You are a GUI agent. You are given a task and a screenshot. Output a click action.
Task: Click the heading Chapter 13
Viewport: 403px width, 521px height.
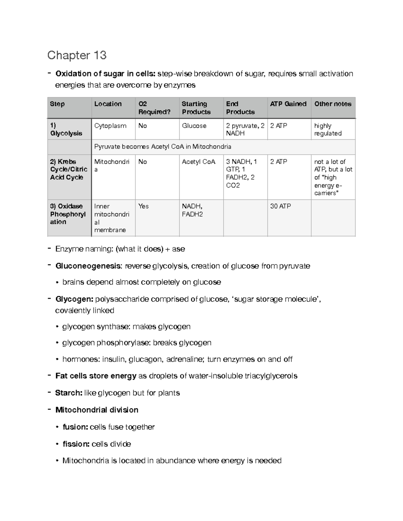(77, 55)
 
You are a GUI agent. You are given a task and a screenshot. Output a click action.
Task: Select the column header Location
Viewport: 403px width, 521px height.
(108, 104)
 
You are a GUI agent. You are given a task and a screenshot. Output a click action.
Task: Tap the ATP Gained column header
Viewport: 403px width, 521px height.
(288, 104)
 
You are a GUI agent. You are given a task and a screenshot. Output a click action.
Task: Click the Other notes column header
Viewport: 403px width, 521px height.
(332, 104)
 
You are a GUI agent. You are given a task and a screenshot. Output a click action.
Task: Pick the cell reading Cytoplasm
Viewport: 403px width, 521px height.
(110, 126)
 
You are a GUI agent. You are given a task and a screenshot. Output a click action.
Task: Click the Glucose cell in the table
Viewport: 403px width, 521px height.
(194, 126)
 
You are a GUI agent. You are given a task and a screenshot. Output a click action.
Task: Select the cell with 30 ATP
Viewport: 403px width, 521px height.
(280, 206)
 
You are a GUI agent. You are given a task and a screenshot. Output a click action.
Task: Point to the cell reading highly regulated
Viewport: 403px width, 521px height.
(328, 129)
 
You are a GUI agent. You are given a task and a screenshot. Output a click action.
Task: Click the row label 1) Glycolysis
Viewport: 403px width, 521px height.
(66, 129)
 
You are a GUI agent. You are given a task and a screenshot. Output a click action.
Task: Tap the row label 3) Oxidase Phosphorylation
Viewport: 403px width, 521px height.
(68, 214)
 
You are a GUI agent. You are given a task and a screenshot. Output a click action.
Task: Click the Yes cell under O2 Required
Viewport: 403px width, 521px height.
(143, 206)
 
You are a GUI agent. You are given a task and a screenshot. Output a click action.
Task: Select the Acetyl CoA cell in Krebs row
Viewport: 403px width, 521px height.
(198, 162)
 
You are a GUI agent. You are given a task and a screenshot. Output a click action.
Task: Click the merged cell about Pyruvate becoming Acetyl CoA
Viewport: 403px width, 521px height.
(163, 147)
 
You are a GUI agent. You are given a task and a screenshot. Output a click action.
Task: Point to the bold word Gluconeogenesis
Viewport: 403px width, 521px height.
(88, 266)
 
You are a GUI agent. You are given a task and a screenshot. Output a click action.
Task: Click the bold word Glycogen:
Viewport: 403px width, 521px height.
(74, 299)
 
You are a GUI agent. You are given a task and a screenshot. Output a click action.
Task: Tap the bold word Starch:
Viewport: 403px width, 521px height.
(69, 393)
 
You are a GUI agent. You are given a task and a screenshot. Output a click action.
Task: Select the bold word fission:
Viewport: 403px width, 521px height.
(76, 444)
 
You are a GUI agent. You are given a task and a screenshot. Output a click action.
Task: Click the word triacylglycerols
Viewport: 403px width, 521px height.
(271, 376)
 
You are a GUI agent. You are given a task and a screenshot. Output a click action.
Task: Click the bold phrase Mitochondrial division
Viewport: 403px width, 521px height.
(97, 410)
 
